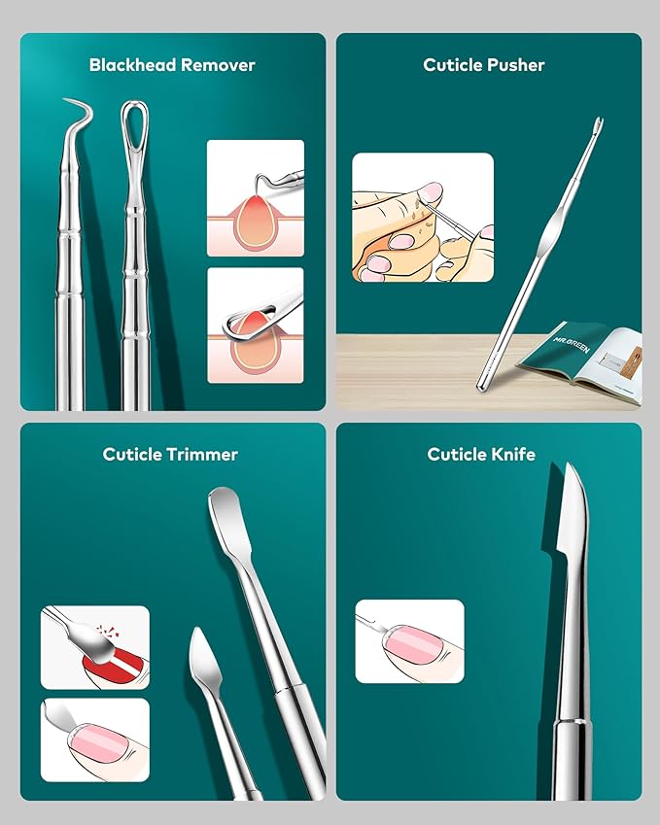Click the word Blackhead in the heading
[x=131, y=65]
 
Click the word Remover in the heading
[x=218, y=65]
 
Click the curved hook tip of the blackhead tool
[x=80, y=105]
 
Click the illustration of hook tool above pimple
[x=256, y=198]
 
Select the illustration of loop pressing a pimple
[x=256, y=326]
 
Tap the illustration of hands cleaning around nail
[x=423, y=218]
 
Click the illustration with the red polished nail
[x=95, y=647]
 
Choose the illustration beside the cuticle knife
[x=409, y=640]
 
